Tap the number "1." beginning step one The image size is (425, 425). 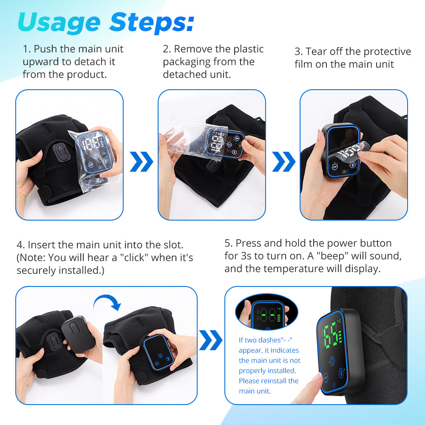pos(27,49)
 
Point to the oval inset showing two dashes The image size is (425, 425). pos(262,312)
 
